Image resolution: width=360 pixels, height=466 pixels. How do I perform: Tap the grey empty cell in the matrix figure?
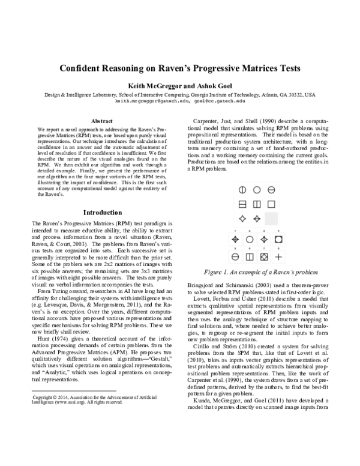pyautogui.click(x=271, y=219)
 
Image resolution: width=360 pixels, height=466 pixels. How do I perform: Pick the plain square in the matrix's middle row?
pyautogui.click(x=271, y=204)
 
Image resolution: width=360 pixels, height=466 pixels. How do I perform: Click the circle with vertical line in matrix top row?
pyautogui.click(x=242, y=190)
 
